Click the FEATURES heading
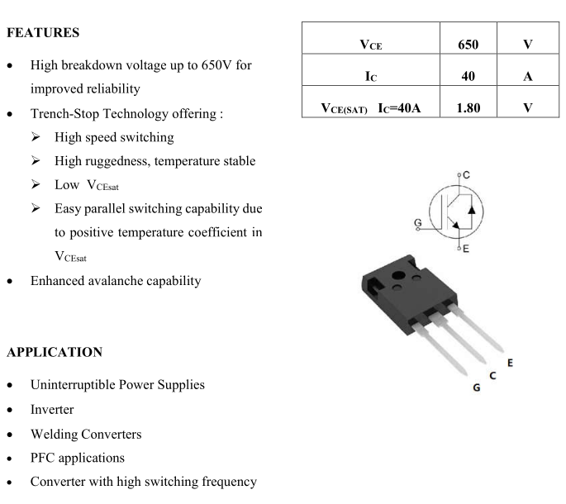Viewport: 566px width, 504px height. pos(43,34)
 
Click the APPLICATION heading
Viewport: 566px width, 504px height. pos(54,352)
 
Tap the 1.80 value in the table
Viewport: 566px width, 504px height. pos(468,107)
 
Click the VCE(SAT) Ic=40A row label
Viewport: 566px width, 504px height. pos(371,107)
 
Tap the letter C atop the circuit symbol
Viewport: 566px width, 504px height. pos(466,175)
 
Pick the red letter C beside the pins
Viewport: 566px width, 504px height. pos(493,376)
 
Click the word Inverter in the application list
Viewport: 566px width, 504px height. pos(52,410)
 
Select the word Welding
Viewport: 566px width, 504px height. pos(55,435)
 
